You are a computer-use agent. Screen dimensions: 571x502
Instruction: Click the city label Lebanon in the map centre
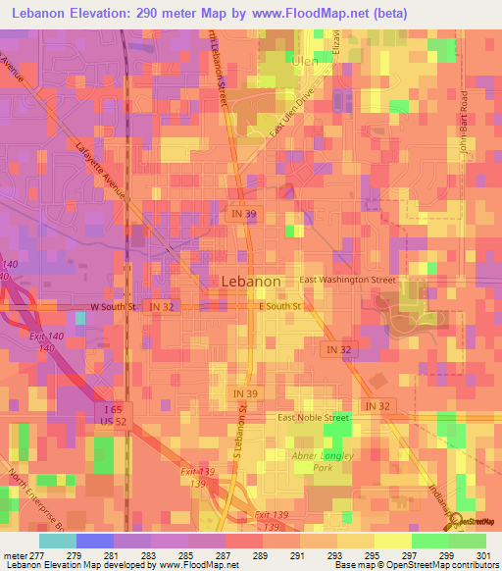[x=252, y=280]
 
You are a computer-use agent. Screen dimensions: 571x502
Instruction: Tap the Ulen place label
[x=307, y=60]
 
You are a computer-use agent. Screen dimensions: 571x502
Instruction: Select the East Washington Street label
[x=348, y=280]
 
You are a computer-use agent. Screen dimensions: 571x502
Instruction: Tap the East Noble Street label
[x=313, y=417]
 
